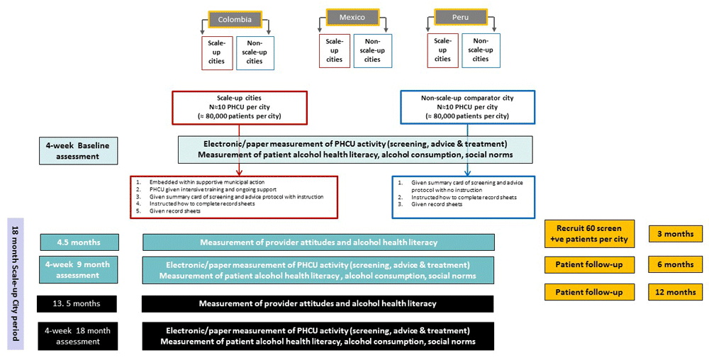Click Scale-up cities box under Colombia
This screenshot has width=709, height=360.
point(216,52)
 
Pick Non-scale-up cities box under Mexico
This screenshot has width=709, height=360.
point(372,50)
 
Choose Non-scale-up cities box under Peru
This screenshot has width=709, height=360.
point(480,50)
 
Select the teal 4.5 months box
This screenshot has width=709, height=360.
point(79,242)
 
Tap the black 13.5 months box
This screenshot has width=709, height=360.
point(79,303)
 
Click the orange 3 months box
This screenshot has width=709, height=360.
point(676,234)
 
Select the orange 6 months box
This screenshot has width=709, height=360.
point(676,264)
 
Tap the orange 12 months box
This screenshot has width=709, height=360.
point(676,292)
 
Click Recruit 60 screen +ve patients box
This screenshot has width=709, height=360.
point(590,233)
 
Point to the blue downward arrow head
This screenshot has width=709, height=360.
point(467,171)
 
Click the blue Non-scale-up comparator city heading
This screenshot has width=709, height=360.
point(467,98)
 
